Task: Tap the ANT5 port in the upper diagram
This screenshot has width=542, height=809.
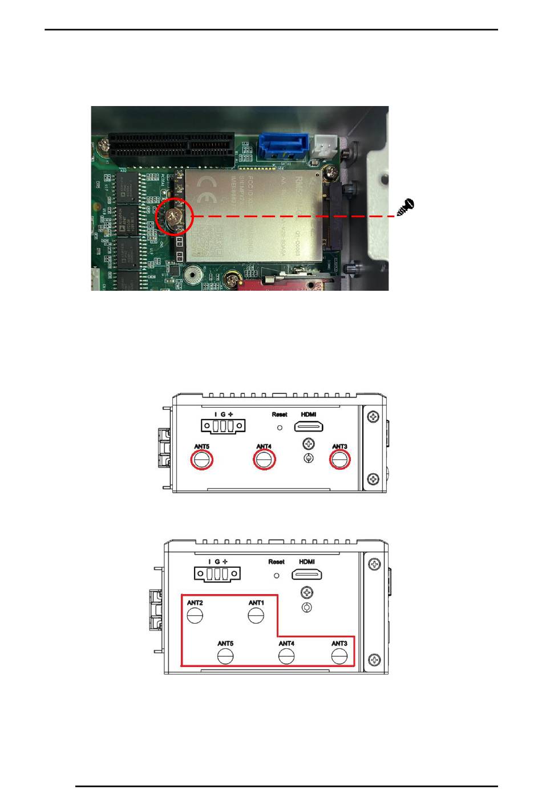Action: click(201, 459)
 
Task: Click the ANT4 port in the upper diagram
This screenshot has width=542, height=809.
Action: click(264, 459)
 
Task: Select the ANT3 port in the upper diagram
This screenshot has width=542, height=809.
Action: click(340, 459)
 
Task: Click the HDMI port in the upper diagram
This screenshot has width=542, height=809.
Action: click(309, 426)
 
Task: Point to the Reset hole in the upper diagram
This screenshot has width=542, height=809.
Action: click(280, 427)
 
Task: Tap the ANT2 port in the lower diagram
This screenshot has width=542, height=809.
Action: click(195, 616)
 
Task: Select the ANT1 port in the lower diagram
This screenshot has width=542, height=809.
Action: click(256, 616)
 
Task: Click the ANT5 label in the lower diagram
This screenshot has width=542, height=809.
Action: click(225, 644)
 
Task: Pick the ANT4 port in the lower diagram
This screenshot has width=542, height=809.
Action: click(286, 657)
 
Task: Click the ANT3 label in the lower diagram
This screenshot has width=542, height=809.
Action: click(339, 644)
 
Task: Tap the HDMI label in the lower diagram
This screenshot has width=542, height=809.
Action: click(307, 562)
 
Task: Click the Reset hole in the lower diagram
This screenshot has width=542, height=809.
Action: click(277, 576)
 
